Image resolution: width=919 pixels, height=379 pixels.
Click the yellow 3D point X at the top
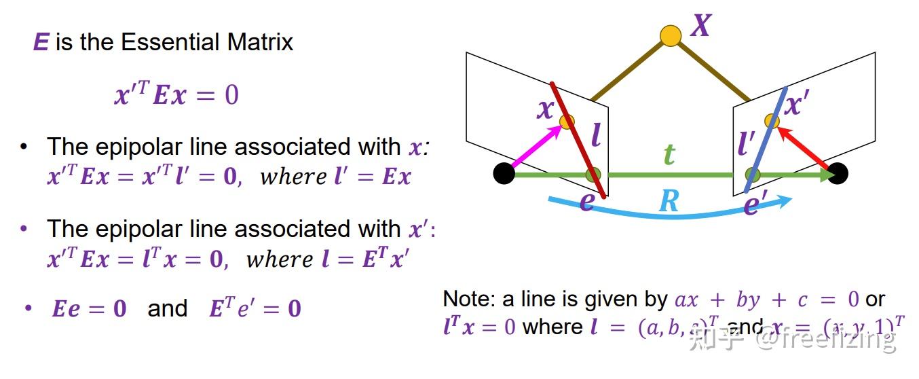(x=671, y=35)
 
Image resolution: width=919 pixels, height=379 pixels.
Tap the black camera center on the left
(x=503, y=174)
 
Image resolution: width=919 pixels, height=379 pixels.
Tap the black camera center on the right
(x=838, y=174)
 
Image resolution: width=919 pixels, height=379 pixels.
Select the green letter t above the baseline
(x=669, y=155)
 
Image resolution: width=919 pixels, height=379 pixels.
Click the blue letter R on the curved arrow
(x=669, y=202)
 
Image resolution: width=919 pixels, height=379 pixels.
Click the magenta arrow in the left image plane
(x=536, y=147)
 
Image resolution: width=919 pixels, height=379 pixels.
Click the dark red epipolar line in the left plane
(x=577, y=139)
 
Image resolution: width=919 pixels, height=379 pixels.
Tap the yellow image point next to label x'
(x=772, y=121)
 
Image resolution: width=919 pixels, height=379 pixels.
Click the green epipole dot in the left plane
(x=593, y=175)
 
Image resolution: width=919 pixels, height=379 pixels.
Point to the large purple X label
(x=700, y=26)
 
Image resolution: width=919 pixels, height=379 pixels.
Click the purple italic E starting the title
(x=41, y=43)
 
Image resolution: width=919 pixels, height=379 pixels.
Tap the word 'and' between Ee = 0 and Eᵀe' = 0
(x=167, y=308)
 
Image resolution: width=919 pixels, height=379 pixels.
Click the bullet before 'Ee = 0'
(x=28, y=308)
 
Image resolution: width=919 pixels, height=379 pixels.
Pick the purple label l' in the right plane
(x=747, y=145)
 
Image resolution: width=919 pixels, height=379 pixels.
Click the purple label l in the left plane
(x=595, y=136)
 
